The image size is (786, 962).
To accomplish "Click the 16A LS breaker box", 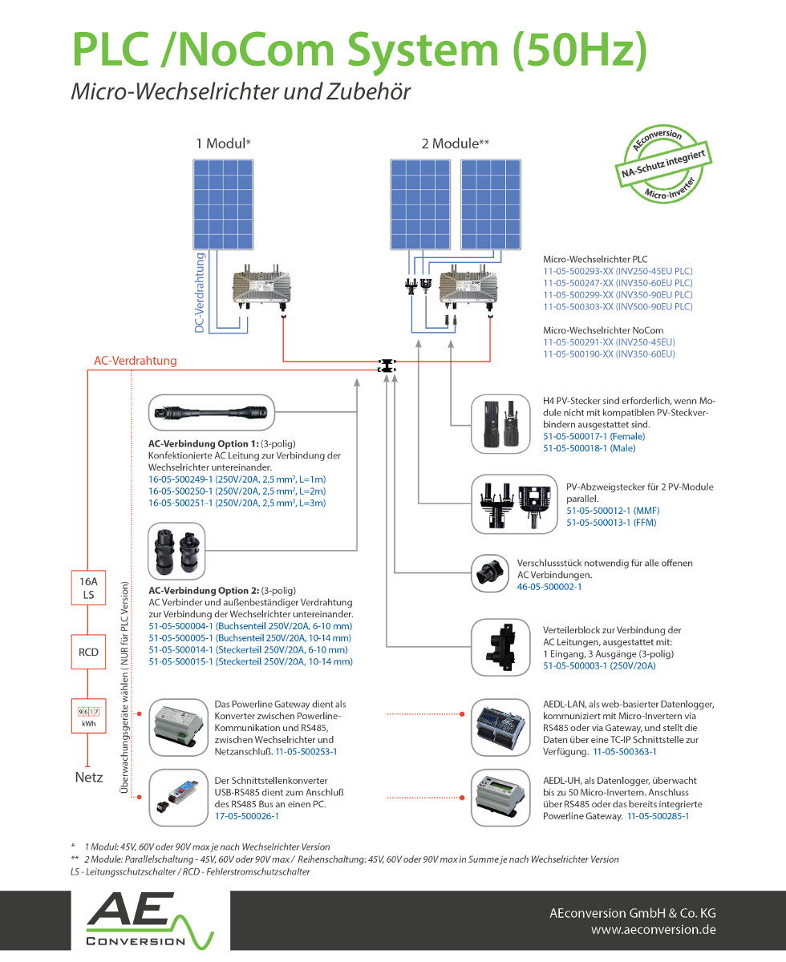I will [x=89, y=588].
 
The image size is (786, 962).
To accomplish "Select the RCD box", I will [x=89, y=652].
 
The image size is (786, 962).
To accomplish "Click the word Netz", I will [x=89, y=777].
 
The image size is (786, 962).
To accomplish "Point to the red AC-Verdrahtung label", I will [x=135, y=361].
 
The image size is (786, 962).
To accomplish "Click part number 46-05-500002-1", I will [x=549, y=587].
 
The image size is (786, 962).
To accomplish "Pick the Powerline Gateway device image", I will [x=179, y=724].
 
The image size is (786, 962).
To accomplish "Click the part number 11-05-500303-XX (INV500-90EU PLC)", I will [x=618, y=306].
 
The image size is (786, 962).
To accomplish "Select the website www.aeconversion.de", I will [x=653, y=930].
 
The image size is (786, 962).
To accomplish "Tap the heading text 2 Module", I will [x=455, y=143].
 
